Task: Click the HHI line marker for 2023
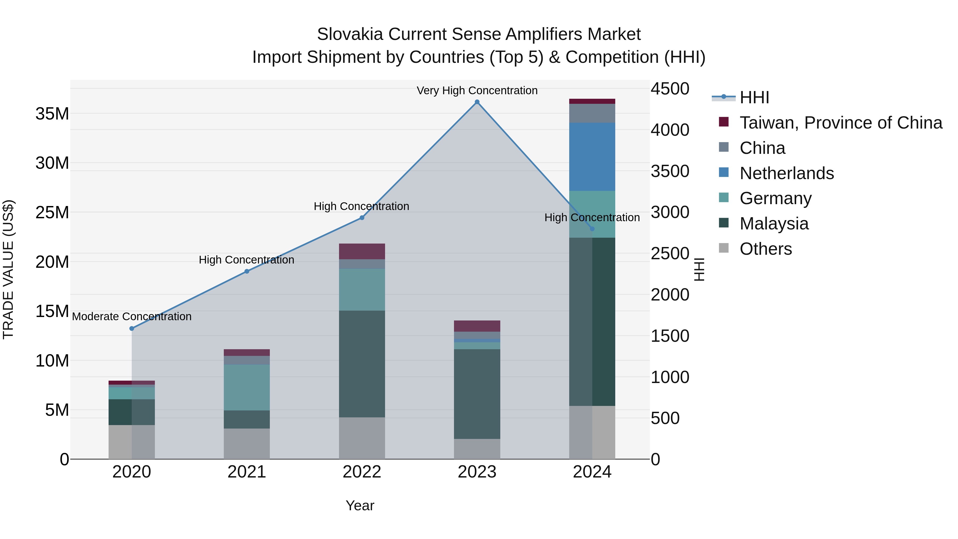(x=477, y=102)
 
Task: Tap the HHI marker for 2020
(x=132, y=328)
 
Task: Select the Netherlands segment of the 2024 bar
(x=592, y=157)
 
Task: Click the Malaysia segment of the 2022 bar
(x=362, y=364)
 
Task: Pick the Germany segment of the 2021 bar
(x=247, y=387)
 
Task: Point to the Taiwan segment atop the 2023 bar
(x=477, y=326)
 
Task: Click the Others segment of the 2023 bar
(x=477, y=449)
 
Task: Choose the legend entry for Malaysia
(x=774, y=224)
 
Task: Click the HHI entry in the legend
(x=754, y=97)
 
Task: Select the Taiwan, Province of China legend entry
(x=840, y=123)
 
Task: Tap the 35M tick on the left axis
(x=52, y=113)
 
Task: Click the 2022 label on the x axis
(x=362, y=472)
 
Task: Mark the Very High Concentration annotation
(x=477, y=90)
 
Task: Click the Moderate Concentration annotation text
(x=132, y=316)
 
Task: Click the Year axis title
(x=360, y=505)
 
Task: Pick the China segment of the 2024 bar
(x=592, y=113)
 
